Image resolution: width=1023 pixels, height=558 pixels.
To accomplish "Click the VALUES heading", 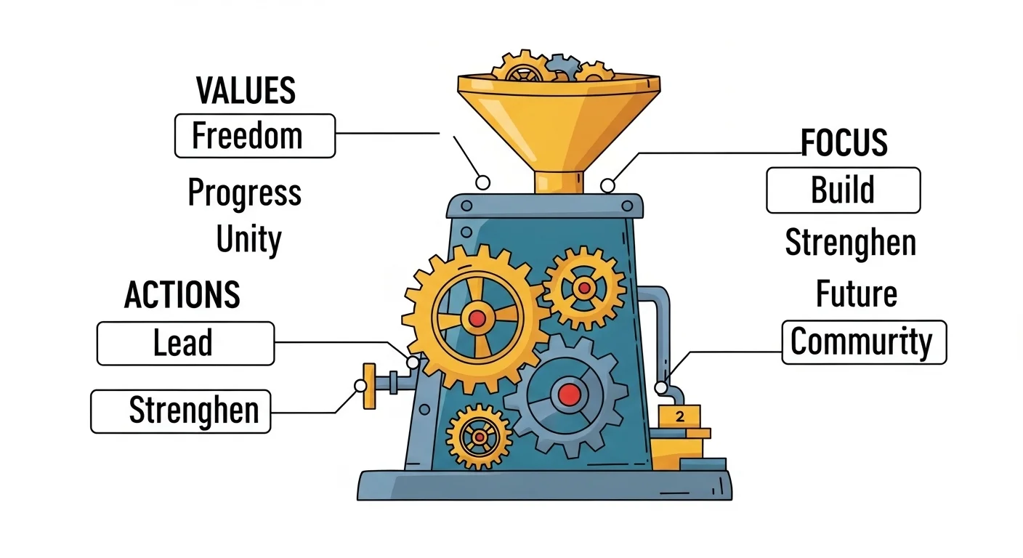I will pyautogui.click(x=246, y=91).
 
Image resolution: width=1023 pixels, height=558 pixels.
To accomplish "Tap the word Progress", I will pyautogui.click(x=244, y=193).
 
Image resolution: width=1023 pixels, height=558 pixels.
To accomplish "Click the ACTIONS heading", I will pyautogui.click(x=182, y=295).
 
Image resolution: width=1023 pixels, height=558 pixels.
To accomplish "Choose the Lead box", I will pyautogui.click(x=185, y=343).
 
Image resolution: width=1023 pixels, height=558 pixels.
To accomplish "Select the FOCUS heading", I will pyautogui.click(x=844, y=143).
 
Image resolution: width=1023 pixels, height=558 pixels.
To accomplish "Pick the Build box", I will pyautogui.click(x=843, y=190).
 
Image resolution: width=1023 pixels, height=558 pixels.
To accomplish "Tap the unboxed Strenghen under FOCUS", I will pyautogui.click(x=850, y=243).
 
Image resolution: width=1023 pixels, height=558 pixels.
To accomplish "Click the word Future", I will pyautogui.click(x=856, y=294).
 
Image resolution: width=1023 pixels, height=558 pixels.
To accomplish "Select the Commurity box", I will pyautogui.click(x=863, y=342).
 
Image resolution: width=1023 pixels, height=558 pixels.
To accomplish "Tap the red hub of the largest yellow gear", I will pyautogui.click(x=477, y=318).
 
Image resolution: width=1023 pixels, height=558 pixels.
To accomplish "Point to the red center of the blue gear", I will pyautogui.click(x=569, y=395).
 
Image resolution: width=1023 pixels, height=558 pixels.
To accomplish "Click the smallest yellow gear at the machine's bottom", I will pyautogui.click(x=480, y=437).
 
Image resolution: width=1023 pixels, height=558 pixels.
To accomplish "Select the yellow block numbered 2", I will pyautogui.click(x=679, y=416).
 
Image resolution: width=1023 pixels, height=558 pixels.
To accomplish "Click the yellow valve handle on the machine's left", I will pyautogui.click(x=369, y=386).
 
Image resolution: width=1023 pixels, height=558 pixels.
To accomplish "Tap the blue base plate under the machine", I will pyautogui.click(x=544, y=485).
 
